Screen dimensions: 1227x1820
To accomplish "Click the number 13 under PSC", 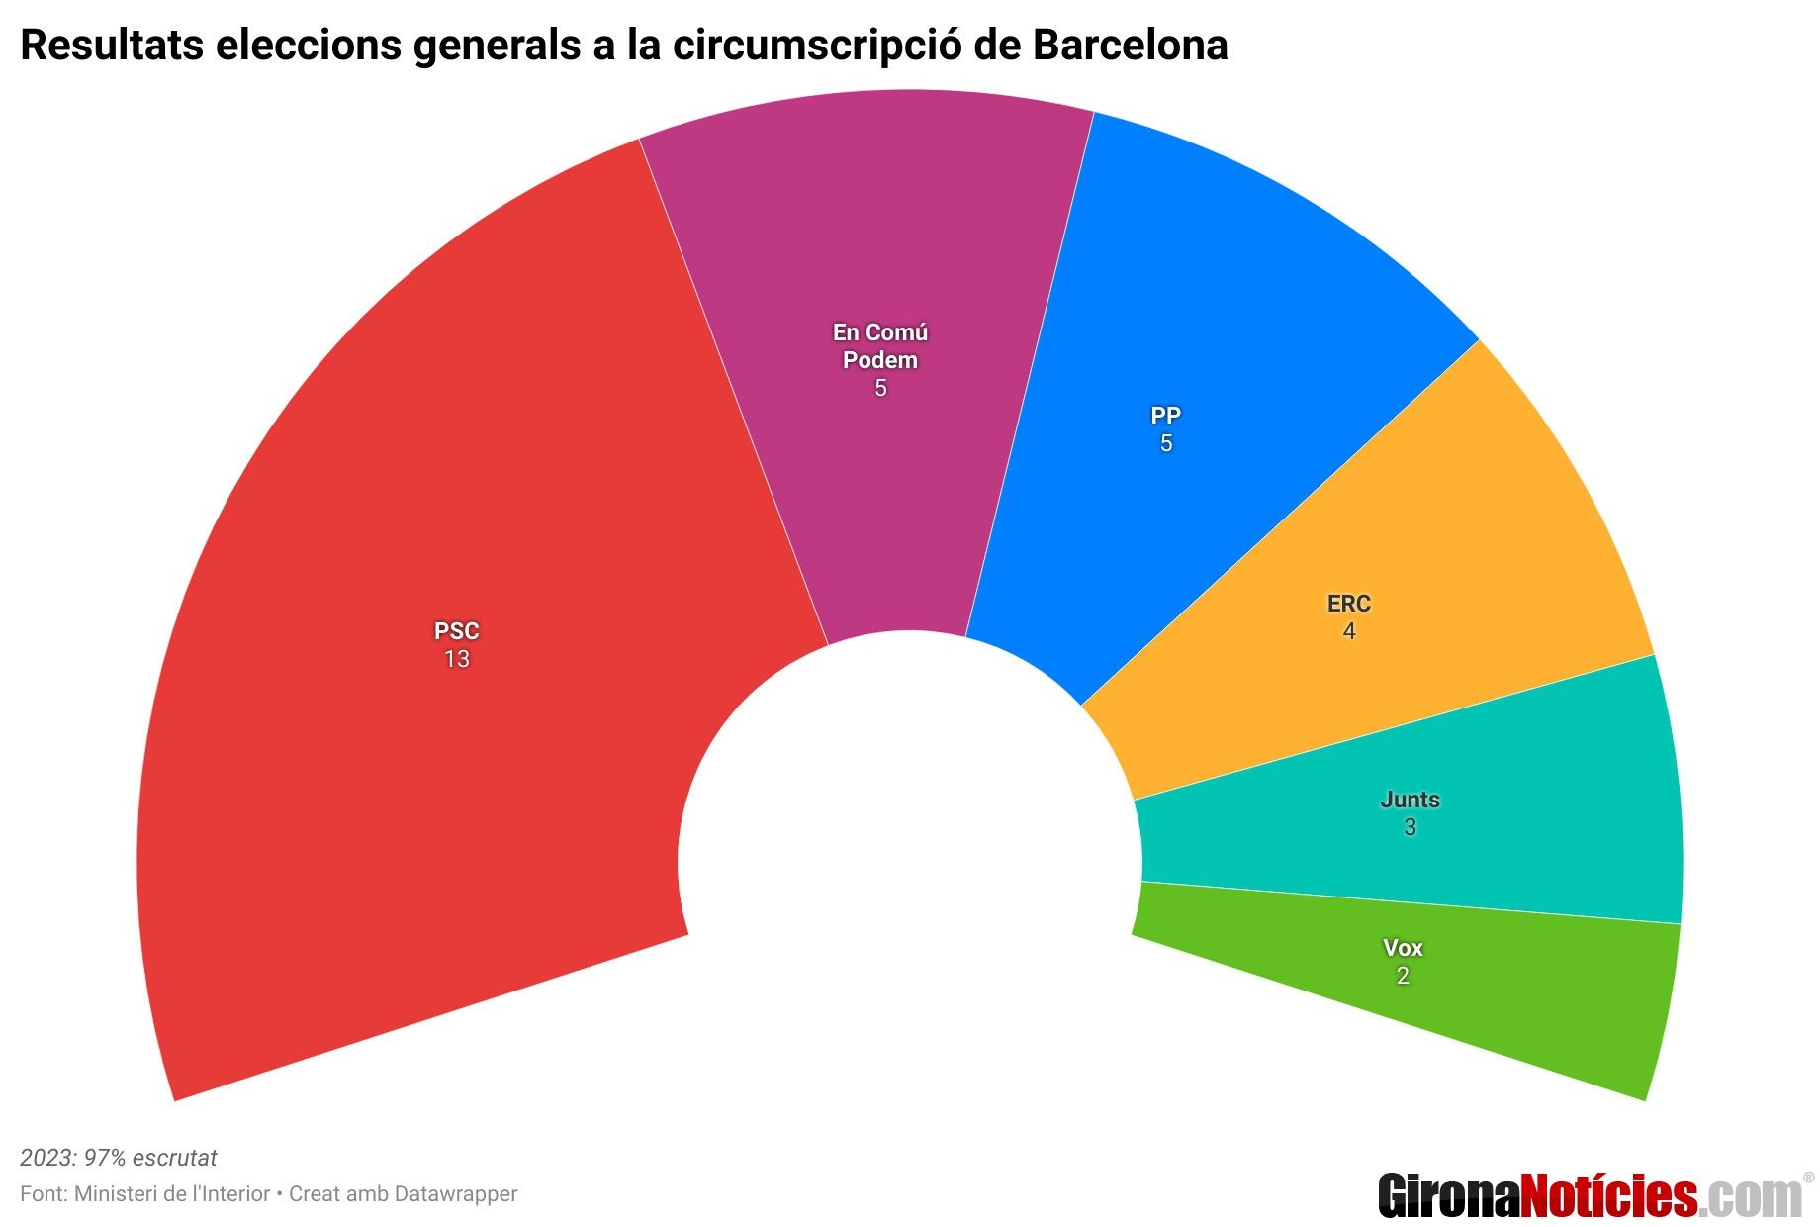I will [456, 660].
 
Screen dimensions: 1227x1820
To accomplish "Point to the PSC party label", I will [456, 631].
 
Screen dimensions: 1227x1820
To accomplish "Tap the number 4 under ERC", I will [1349, 632].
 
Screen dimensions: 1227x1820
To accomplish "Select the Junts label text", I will [1410, 800].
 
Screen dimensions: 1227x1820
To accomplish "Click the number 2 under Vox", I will [1403, 977].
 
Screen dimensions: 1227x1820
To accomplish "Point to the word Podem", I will [880, 360].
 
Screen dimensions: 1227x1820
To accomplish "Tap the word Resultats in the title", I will [112, 46].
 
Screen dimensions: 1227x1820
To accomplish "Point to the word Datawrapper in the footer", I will [455, 1194].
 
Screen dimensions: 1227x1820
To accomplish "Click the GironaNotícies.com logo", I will [1591, 1195].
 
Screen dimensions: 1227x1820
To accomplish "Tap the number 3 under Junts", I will [1410, 828].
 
